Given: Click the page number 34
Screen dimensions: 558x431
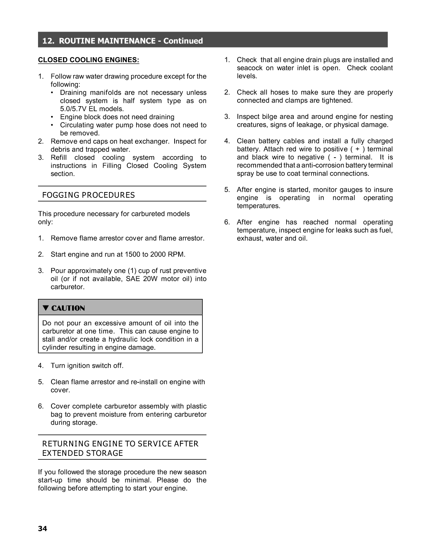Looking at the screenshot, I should [42, 529].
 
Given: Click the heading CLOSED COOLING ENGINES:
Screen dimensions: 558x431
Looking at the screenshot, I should [88, 60].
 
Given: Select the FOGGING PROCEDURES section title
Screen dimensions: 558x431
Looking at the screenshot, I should [88, 195].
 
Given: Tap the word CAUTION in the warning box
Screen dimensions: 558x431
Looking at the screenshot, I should [68, 308].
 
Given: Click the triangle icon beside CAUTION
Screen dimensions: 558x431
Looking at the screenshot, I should [46, 308].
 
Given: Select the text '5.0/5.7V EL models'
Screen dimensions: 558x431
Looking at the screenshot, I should [92, 109].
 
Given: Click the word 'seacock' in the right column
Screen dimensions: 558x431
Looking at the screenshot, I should [249, 68].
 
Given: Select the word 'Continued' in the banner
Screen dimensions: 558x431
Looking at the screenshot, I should [183, 41].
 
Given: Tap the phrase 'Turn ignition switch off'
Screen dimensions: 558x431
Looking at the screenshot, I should [87, 366].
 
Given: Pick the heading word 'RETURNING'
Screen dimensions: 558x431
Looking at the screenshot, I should [66, 444].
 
